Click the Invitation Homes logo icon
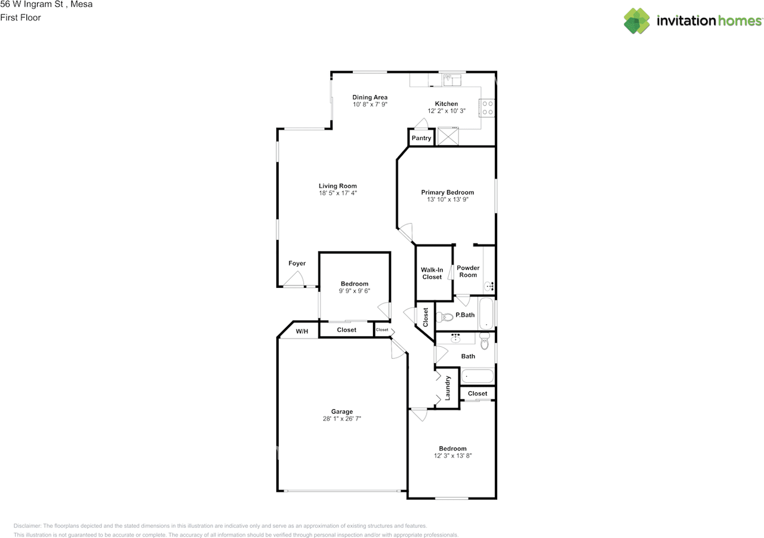tap(637, 21)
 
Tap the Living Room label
tap(338, 186)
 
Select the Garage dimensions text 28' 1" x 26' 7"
tap(342, 419)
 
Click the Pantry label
tap(421, 138)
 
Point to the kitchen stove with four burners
tap(488, 107)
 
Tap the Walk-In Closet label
tap(432, 273)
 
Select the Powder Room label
tap(468, 271)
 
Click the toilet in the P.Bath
tap(444, 316)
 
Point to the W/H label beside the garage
tap(302, 331)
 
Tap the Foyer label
tap(297, 263)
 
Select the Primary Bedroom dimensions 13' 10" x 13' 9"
tap(447, 200)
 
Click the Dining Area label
tap(369, 97)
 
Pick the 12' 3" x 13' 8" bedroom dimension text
tap(452, 456)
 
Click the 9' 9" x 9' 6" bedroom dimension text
tap(355, 291)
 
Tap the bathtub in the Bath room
tap(478, 376)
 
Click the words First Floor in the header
tap(21, 17)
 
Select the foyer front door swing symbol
tap(295, 279)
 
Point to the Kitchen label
tap(446, 104)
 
